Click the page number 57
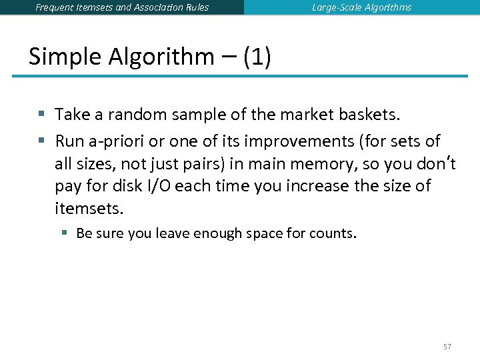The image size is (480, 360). click(x=447, y=347)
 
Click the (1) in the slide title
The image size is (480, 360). click(x=257, y=57)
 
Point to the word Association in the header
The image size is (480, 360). click(x=151, y=7)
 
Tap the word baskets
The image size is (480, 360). click(x=368, y=115)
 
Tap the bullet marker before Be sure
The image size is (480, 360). click(x=65, y=233)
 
